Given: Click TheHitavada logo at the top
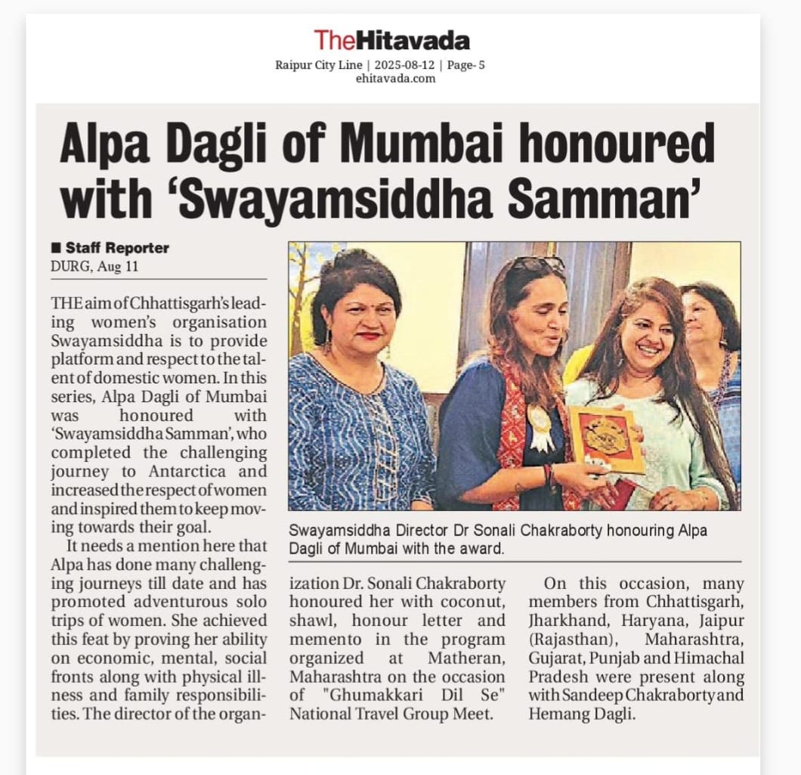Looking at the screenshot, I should coord(391,40).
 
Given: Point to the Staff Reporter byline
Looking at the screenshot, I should coord(116,248).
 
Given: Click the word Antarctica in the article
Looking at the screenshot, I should coord(221,472).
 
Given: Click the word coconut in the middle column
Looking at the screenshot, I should coord(472,603).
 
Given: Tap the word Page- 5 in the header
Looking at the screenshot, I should coord(465,65).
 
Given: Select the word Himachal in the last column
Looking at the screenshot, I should coord(712,658).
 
